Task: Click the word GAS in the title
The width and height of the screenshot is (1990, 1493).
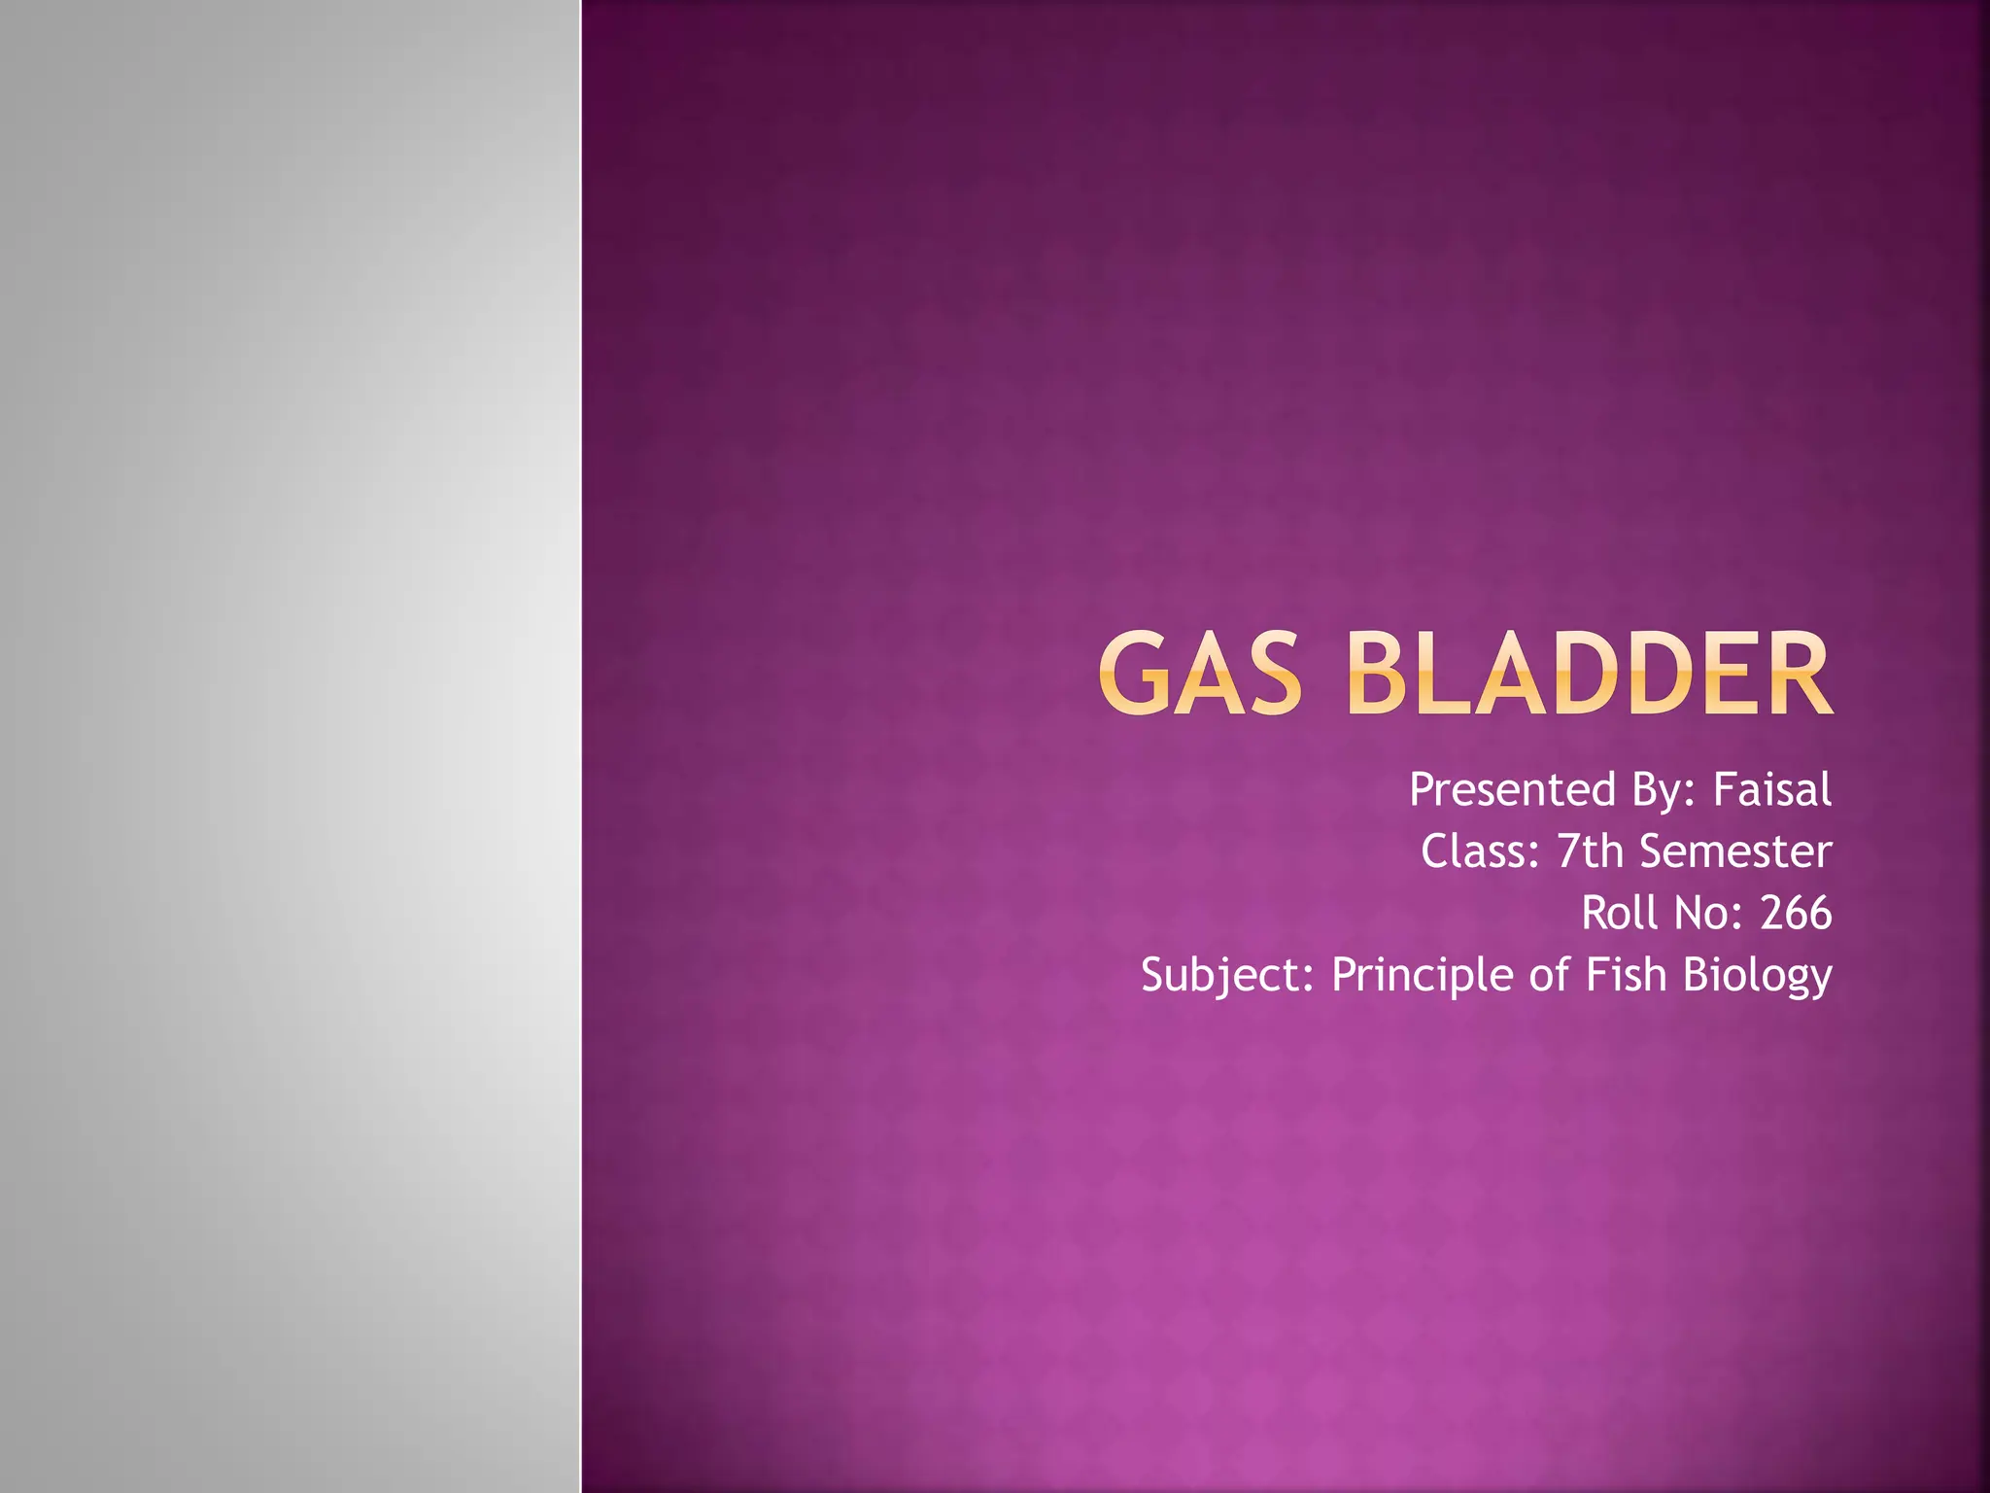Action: (x=1201, y=673)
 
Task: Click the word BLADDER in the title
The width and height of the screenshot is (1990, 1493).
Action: (x=1590, y=673)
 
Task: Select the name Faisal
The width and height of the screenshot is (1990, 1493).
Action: (x=1771, y=789)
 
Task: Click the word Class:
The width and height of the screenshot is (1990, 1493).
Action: (x=1480, y=851)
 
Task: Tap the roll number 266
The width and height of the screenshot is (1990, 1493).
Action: (x=1796, y=913)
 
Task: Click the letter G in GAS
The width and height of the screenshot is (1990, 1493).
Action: (x=1133, y=673)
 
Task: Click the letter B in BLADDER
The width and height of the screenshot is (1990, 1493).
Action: (x=1379, y=673)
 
